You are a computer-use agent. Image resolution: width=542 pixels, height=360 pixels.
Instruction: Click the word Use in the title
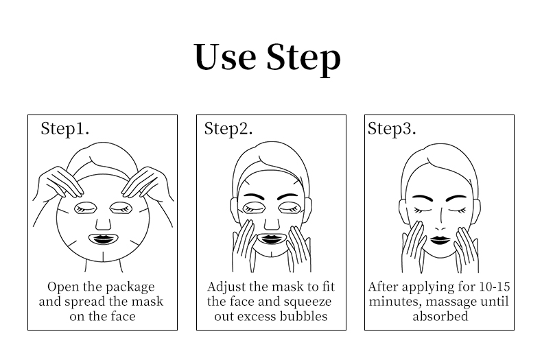[x=225, y=57]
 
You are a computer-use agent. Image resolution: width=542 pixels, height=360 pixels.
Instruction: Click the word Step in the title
[x=303, y=60]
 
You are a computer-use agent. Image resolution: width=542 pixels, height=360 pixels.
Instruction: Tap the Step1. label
[x=65, y=129]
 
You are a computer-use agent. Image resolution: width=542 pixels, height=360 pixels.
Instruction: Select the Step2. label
[x=228, y=129]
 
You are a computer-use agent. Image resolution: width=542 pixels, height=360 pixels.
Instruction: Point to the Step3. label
[x=392, y=129]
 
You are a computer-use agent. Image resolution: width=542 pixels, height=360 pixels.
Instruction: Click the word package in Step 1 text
[x=130, y=287]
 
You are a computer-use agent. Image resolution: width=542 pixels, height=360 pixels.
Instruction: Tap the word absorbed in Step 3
[x=440, y=316]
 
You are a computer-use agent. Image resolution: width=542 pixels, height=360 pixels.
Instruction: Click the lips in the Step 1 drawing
[x=103, y=239]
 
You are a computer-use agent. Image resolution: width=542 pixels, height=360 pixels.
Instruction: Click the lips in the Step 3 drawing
[x=440, y=240]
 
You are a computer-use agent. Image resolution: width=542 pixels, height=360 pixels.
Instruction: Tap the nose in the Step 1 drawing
[x=103, y=224]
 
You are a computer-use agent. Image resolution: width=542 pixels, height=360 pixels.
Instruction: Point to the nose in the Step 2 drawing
[x=272, y=224]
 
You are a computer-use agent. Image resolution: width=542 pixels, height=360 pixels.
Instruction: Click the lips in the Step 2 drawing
[x=272, y=239]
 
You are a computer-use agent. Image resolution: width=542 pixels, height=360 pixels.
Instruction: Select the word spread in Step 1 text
[x=85, y=302]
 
